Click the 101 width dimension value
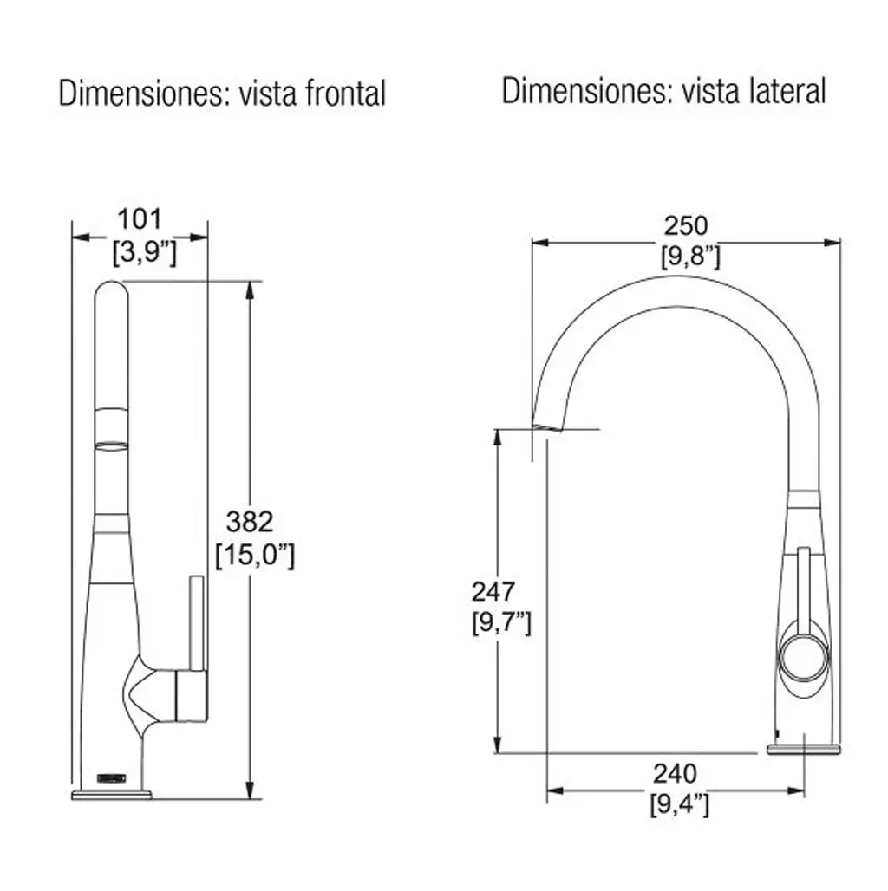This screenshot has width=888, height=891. tap(140, 219)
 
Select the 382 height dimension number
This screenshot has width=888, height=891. tap(250, 522)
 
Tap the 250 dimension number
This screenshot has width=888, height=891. tap(686, 226)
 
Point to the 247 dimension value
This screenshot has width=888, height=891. tap(493, 592)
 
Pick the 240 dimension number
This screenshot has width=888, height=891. tap(675, 774)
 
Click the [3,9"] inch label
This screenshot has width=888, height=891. tap(145, 251)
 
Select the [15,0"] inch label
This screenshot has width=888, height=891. tap(255, 555)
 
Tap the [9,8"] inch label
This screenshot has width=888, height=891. tap(690, 257)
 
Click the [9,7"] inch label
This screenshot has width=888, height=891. tap(501, 623)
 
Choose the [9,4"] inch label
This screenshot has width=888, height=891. tap(679, 804)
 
